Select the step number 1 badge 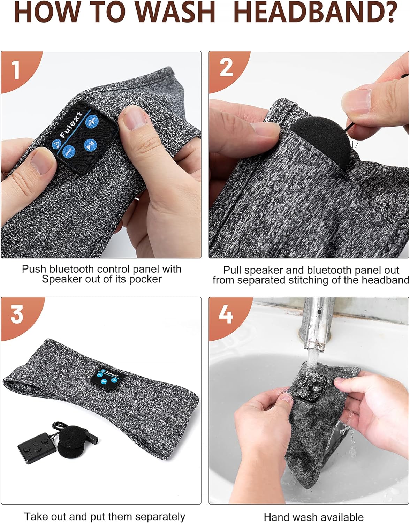(16, 70)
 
